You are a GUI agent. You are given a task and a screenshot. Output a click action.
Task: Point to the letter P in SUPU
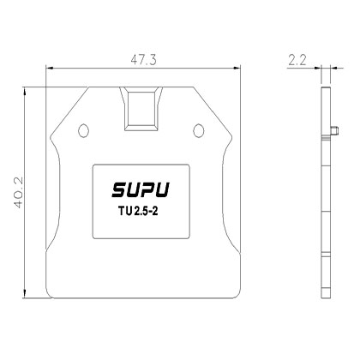150,189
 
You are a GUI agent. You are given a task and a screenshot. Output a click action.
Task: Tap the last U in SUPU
165,189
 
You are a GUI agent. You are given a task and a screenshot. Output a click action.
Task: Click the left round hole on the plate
83,129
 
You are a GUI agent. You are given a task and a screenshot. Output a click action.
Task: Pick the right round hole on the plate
199,129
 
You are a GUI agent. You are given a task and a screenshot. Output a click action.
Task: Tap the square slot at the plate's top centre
141,107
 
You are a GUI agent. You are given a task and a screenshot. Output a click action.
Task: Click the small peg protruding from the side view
331,130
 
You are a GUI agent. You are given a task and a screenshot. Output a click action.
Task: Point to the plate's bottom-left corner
49,297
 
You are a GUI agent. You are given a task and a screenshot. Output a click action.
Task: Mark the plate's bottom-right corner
234,297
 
